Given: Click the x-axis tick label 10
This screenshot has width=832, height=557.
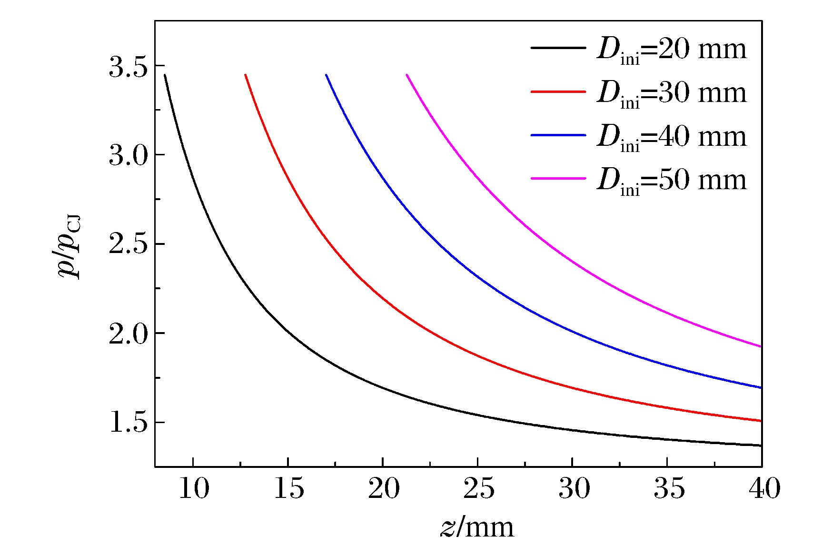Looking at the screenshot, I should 193,489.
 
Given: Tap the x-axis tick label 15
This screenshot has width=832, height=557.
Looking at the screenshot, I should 288,489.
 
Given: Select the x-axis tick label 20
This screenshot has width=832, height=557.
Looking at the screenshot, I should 384,489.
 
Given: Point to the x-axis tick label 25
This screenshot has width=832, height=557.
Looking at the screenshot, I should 478,489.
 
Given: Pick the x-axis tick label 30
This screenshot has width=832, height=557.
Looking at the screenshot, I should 574,489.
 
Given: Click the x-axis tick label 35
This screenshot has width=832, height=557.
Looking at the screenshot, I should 669,489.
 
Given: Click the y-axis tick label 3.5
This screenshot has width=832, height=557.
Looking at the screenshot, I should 128,67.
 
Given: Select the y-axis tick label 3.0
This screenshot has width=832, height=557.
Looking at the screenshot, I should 128,156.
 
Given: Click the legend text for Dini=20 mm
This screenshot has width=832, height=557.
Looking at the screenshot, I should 672,50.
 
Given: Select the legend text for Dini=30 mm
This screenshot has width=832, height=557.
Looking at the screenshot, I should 672,93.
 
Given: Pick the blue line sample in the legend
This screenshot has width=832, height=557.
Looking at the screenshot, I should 558,135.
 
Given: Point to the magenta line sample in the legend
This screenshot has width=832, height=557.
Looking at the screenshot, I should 558,178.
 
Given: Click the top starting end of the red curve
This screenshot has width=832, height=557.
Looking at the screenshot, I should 246,75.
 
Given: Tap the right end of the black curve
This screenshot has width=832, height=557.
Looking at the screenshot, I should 761,446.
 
